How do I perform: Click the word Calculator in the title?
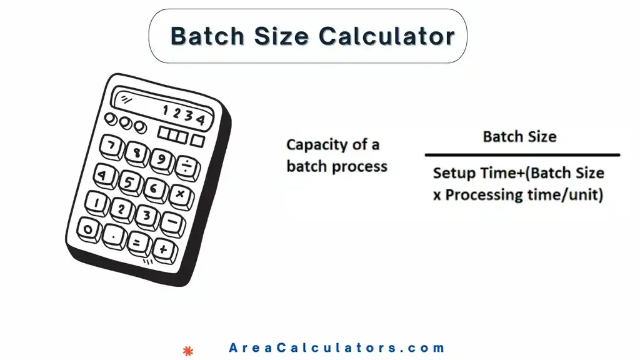coord(386,36)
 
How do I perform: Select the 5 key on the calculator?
coord(128,182)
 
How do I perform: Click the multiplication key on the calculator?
coord(180,195)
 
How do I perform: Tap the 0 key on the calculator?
coord(89,229)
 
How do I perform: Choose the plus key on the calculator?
coord(164,249)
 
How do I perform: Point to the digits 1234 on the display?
coord(182,115)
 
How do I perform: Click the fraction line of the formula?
coord(522,154)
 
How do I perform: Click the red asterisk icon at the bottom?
coord(186,350)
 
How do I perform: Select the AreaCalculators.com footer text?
coord(337,348)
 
